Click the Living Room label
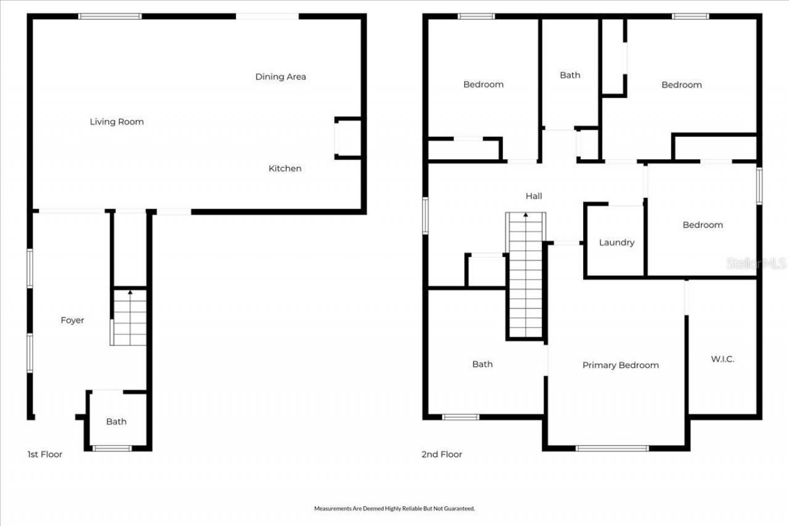pos(117,121)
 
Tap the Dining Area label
pos(280,76)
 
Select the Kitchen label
pos(285,168)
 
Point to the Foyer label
pos(72,320)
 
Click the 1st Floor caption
pos(44,454)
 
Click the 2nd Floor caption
pos(441,454)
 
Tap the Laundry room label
pos(616,242)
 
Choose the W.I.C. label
pos(722,359)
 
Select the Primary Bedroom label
pos(620,365)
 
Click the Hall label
pos(534,196)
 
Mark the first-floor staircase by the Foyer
pos(129,318)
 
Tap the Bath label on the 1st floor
pos(116,422)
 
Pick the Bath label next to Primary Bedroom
pos(482,364)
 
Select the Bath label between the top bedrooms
pos(570,75)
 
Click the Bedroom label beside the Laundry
pos(702,225)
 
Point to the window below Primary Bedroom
pos(612,448)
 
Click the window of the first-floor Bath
pos(112,448)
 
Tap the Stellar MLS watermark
pos(756,263)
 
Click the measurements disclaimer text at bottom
pos(394,509)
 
